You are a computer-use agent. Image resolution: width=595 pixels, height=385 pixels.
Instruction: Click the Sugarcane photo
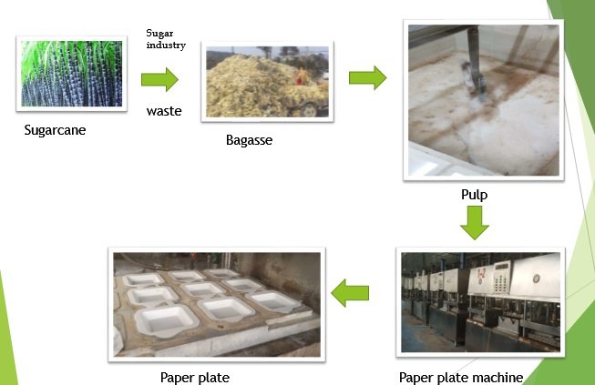72,72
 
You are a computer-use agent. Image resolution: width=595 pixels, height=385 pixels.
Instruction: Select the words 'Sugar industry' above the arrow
166,39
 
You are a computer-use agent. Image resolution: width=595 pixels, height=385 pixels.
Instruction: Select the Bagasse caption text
249,141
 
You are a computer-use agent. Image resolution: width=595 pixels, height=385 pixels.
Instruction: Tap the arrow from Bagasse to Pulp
367,78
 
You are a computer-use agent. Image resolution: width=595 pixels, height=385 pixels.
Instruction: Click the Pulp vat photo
480,99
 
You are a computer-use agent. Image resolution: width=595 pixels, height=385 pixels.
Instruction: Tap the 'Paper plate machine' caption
461,377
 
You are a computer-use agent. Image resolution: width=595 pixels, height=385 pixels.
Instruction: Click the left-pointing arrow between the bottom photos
350,293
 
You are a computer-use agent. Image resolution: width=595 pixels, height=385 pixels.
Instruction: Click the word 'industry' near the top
166,45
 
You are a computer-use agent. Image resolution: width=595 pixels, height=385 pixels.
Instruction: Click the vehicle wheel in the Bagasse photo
310,109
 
